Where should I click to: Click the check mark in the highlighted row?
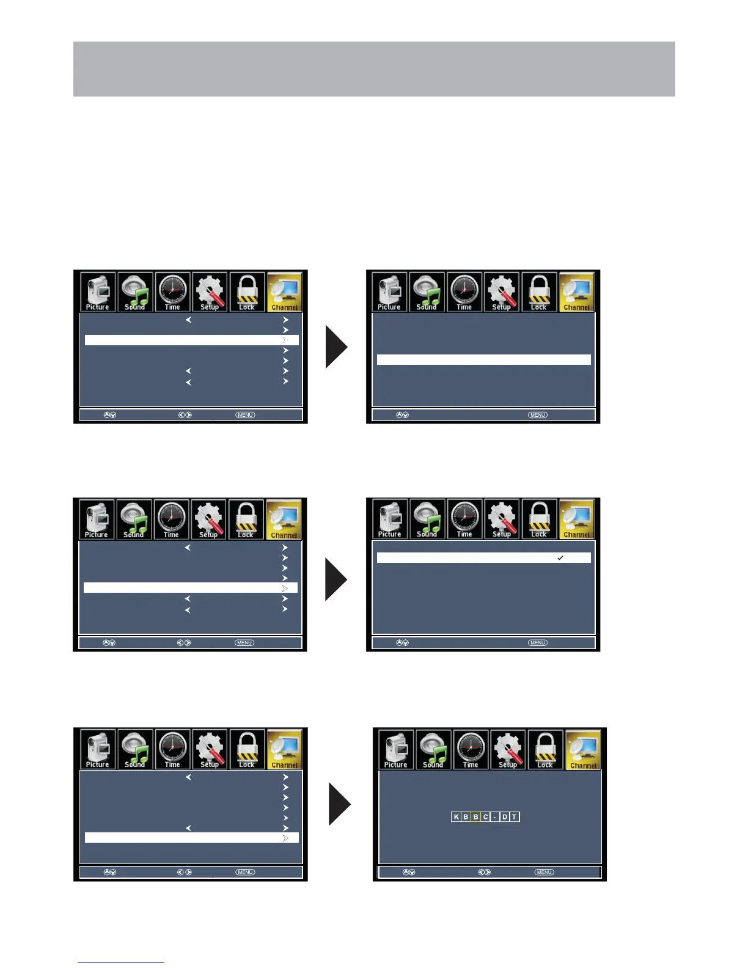pos(560,558)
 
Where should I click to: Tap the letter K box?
pos(456,817)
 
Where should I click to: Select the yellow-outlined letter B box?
pos(475,817)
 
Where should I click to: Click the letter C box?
pos(486,817)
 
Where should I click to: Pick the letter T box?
pos(515,817)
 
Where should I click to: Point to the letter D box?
pos(505,817)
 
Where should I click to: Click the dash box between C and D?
pos(495,817)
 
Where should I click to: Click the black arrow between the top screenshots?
pos(336,346)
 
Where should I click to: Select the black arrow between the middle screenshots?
pos(336,579)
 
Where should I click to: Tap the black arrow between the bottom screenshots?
pos(340,804)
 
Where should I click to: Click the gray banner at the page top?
pos(374,69)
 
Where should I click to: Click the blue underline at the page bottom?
pos(121,963)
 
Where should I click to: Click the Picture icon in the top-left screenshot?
pos(98,292)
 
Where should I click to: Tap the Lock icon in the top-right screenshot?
pos(539,292)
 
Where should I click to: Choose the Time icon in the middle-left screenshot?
pos(171,519)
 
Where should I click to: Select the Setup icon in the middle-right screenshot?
pos(502,519)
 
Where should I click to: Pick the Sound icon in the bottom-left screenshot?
pos(135,749)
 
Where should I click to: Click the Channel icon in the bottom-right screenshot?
pos(583,750)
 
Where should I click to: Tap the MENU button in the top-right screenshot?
pos(538,415)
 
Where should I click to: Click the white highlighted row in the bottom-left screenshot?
pos(191,838)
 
